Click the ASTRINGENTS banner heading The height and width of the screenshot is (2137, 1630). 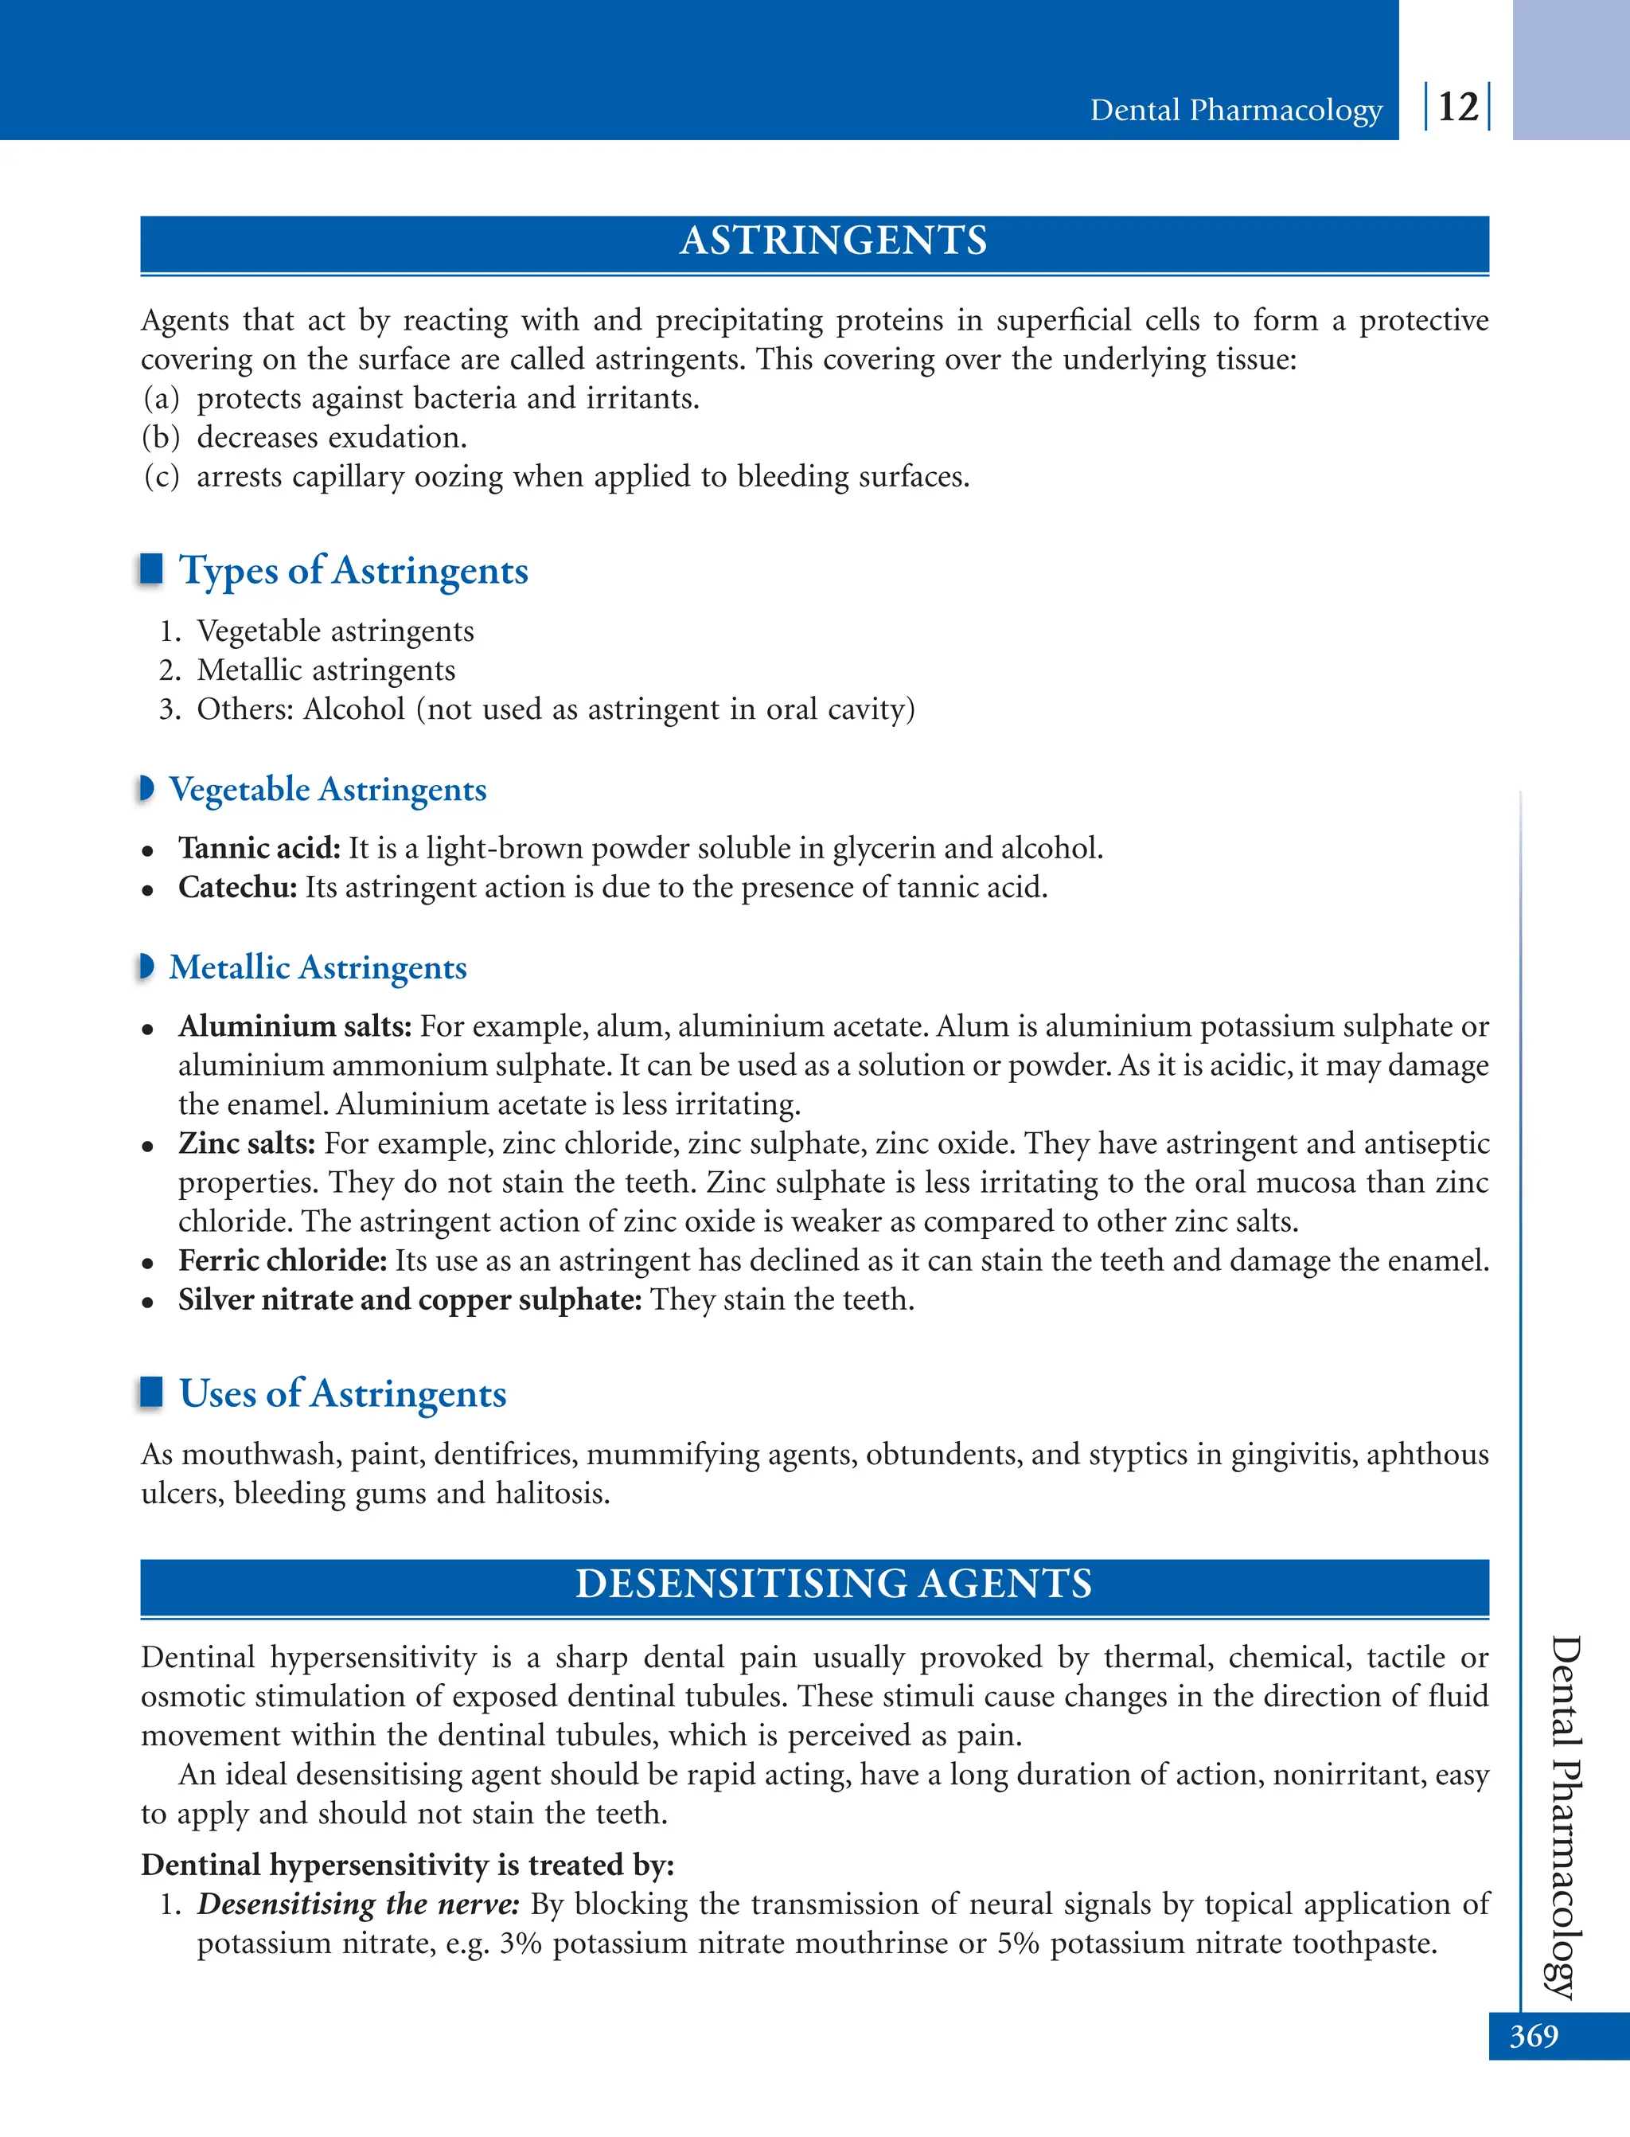click(x=833, y=240)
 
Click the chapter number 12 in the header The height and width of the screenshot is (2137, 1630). click(x=1457, y=107)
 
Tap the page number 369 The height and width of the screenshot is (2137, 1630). click(x=1533, y=2035)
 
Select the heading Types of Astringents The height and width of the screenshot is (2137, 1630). click(x=353, y=571)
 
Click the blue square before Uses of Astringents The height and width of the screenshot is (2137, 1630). click(x=151, y=1392)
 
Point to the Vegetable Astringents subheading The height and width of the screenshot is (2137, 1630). click(x=327, y=789)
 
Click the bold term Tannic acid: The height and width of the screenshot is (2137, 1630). click(x=259, y=848)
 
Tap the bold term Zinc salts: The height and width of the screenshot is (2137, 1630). click(x=247, y=1143)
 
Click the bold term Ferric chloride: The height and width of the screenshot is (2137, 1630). click(x=283, y=1260)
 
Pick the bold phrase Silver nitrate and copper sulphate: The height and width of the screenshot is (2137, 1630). click(x=409, y=1299)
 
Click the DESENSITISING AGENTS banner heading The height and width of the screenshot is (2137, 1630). click(x=833, y=1584)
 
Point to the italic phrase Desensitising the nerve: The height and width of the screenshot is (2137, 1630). click(x=358, y=1904)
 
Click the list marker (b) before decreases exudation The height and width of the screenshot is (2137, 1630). click(x=161, y=438)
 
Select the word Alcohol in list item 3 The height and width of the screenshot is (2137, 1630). click(x=354, y=709)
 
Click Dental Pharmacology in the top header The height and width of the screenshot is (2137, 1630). click(x=1235, y=110)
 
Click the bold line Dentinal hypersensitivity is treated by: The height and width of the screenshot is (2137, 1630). click(x=407, y=1864)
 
